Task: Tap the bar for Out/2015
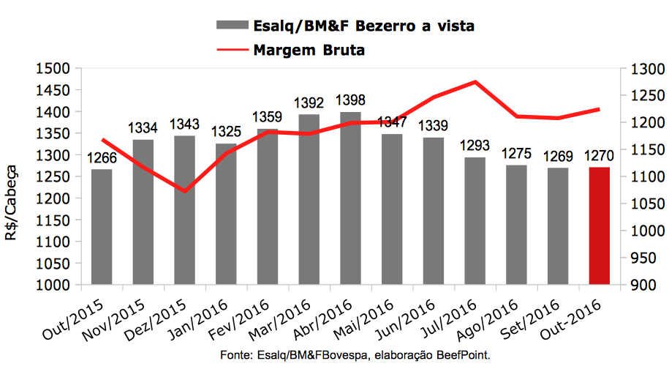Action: tap(102, 227)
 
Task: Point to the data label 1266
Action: tap(102, 158)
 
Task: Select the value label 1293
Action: tap(475, 146)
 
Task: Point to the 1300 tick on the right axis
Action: tap(640, 69)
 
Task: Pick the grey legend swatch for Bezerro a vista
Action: tap(232, 26)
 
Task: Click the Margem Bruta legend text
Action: tap(309, 51)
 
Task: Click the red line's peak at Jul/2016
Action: tap(476, 81)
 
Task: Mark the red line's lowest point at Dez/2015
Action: tap(185, 191)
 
